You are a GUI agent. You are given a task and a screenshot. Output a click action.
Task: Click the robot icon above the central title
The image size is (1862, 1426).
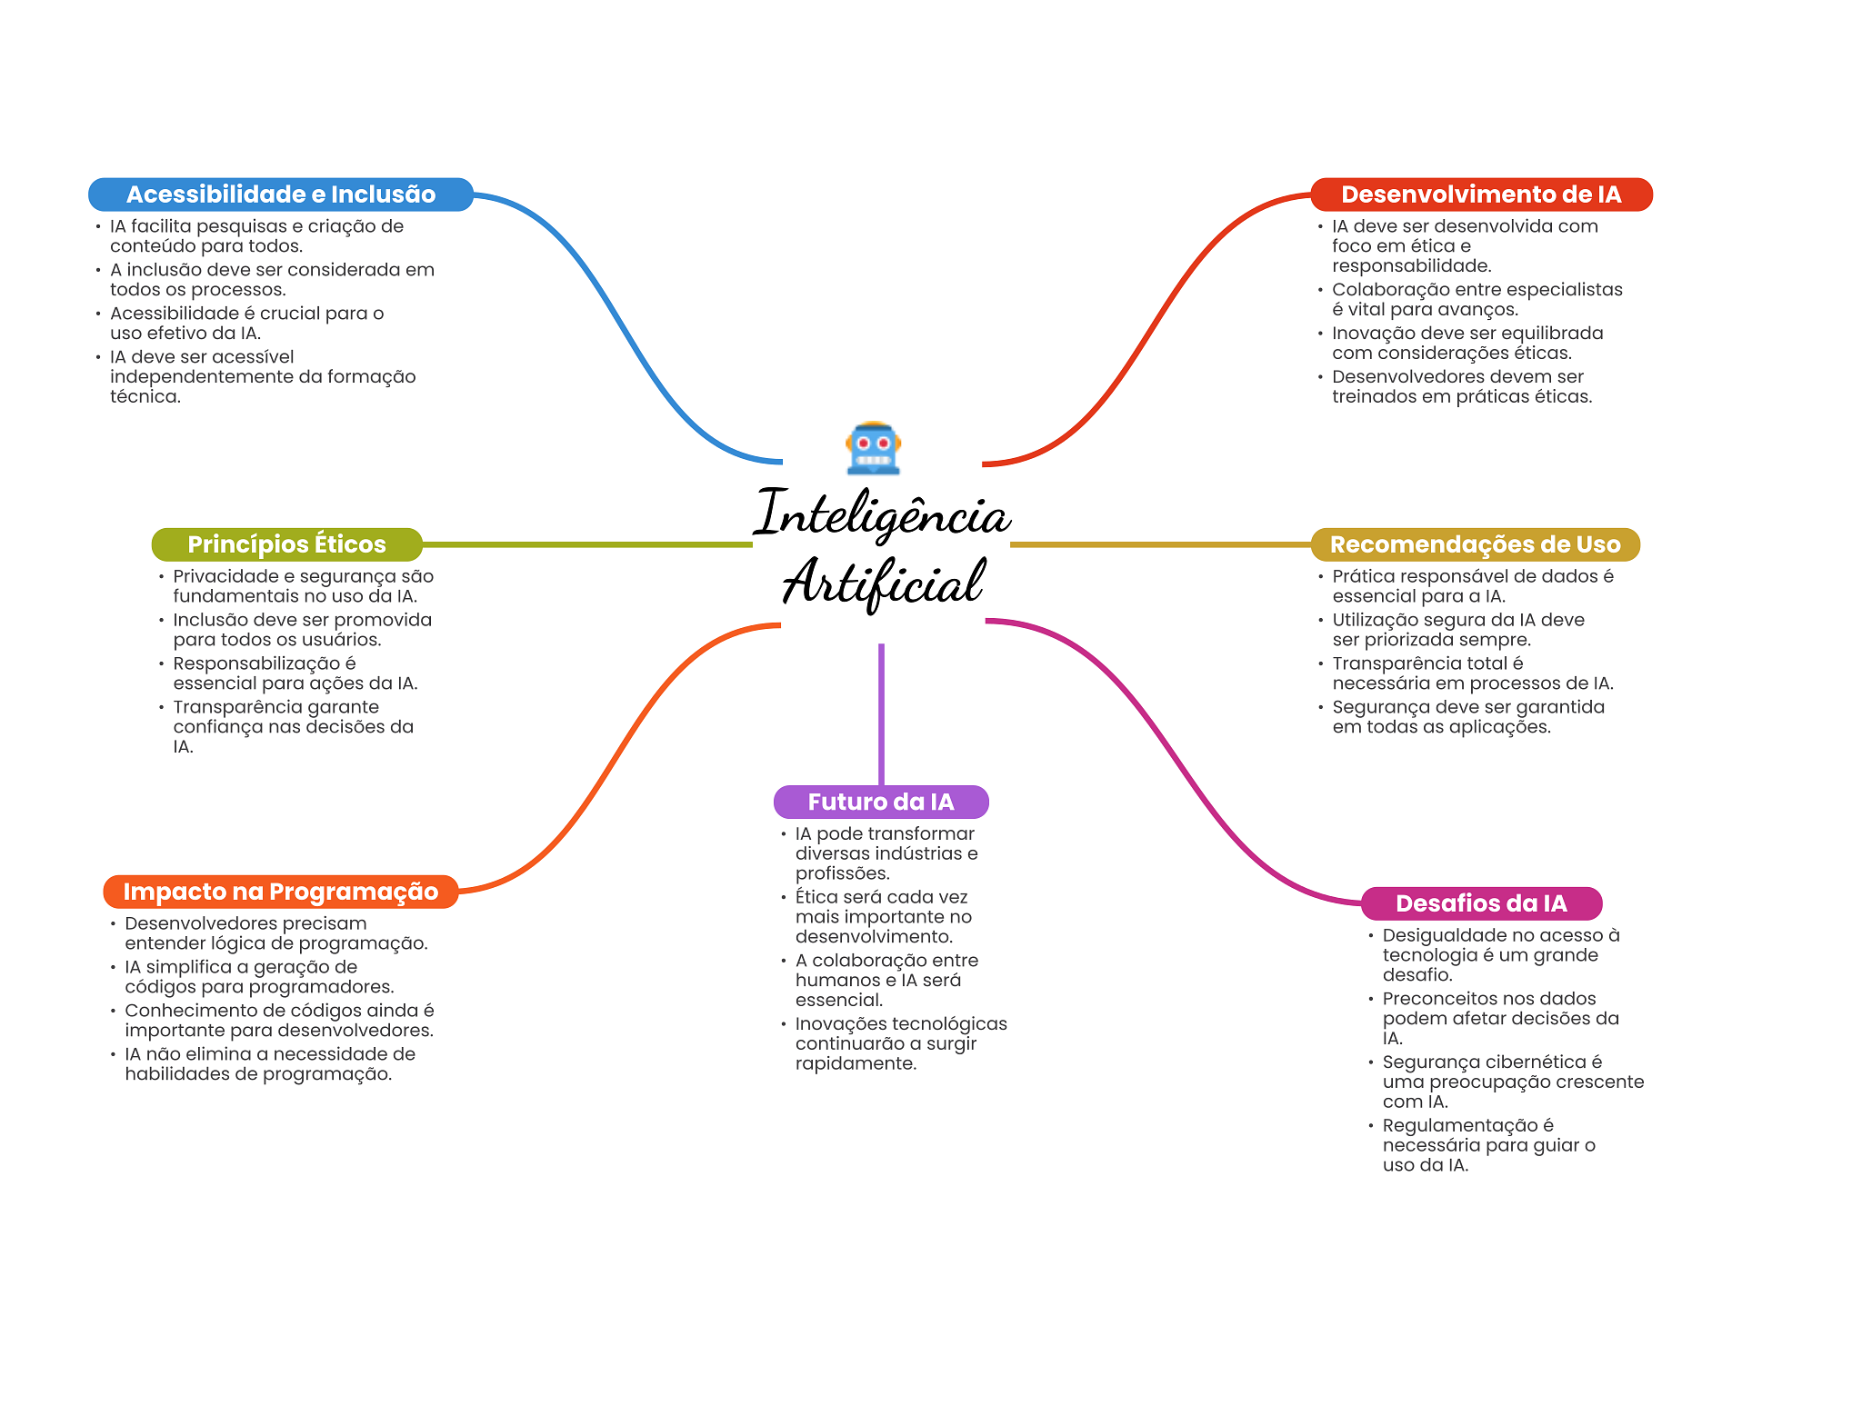coord(873,448)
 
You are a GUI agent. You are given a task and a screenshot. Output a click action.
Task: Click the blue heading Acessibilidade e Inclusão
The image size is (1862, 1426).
coord(280,194)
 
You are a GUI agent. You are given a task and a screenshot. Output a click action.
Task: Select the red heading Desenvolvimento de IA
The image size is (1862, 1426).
coord(1480,194)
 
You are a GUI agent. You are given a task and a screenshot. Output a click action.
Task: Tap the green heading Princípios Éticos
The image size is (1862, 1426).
coord(286,544)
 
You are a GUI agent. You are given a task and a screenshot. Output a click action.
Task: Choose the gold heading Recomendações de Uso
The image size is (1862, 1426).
coord(1474,544)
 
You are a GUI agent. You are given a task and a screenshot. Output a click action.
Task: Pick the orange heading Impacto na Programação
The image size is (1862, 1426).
coord(280,892)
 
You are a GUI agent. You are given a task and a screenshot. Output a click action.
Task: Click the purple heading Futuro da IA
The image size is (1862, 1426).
coord(880,802)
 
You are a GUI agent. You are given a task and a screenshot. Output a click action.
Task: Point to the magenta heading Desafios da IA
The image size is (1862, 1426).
coord(1480,903)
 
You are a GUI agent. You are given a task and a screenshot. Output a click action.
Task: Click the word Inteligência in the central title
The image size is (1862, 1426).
coord(882,514)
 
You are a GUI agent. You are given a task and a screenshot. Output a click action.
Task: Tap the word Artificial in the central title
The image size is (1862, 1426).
coord(882,583)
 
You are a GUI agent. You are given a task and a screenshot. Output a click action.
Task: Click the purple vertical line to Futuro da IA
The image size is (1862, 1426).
coord(881,713)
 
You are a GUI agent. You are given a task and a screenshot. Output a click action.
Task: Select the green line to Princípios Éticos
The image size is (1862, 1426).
coord(586,544)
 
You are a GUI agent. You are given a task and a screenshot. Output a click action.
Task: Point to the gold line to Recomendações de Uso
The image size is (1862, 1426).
coord(1159,544)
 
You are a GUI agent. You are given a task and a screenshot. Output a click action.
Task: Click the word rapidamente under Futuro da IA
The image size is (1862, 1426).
coord(855,1063)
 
